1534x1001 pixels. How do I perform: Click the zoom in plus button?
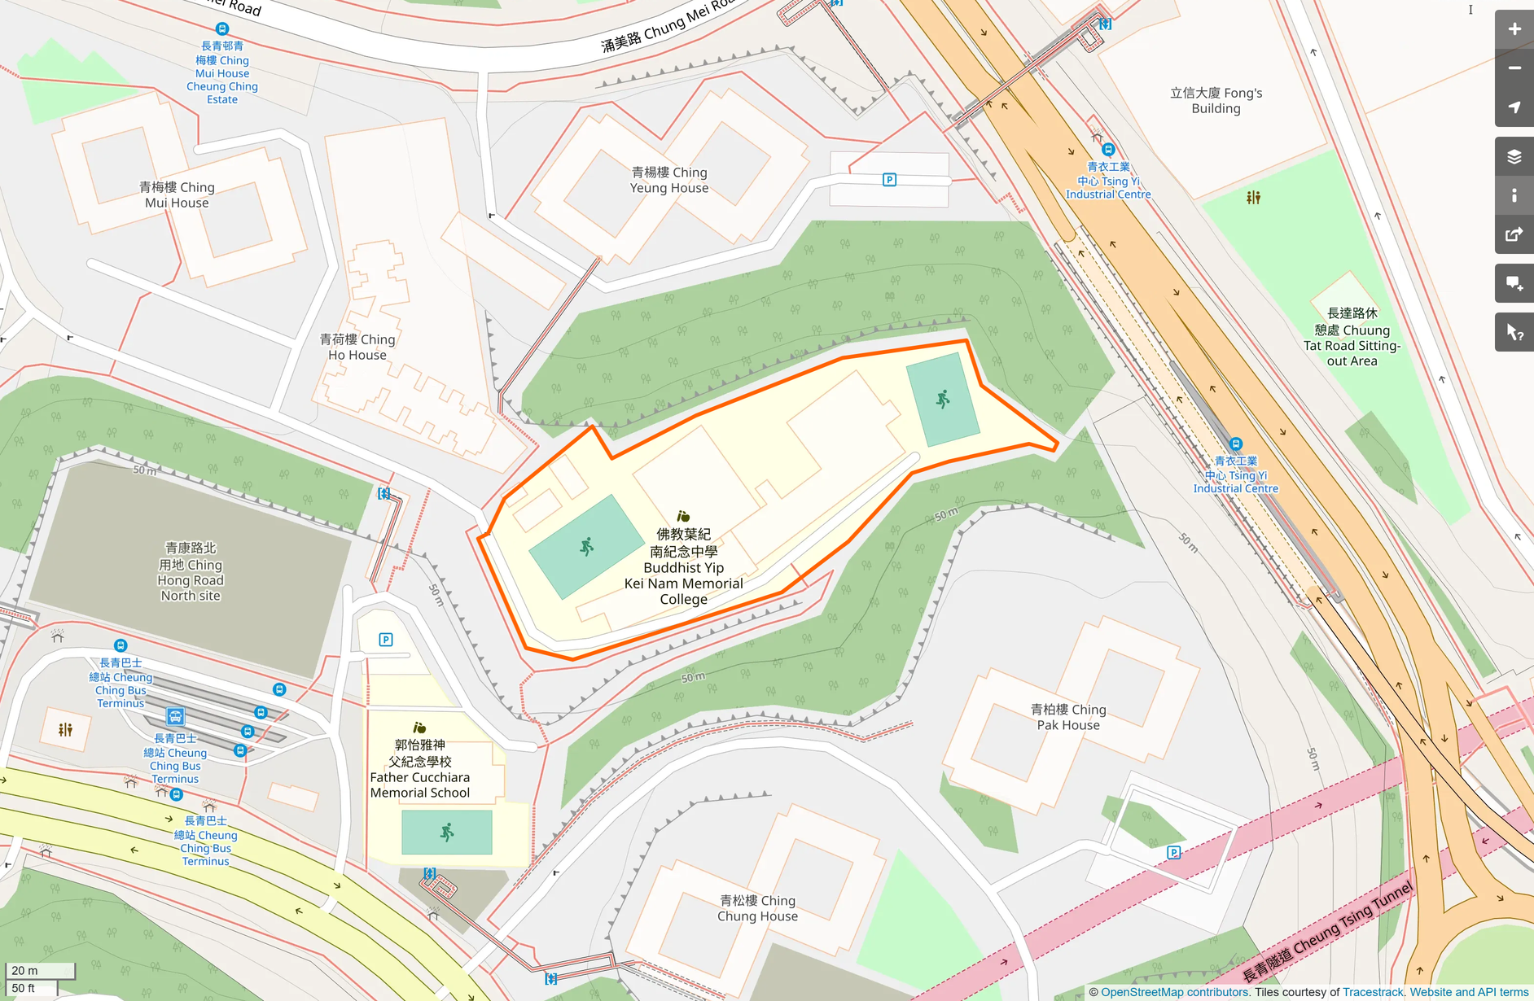1514,29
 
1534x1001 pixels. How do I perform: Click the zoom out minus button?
1514,68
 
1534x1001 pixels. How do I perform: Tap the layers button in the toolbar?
1514,156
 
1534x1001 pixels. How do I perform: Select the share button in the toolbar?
1514,234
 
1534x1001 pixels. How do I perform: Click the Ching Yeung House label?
669,180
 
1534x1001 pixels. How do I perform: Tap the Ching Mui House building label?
177,195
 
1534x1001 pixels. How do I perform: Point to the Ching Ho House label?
357,347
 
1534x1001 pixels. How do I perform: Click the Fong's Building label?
1216,100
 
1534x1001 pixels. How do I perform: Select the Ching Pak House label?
1067,717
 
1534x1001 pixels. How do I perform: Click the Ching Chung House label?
757,908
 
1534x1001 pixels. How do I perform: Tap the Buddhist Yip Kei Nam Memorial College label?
683,566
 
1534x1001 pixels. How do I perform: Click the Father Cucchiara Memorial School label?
419,768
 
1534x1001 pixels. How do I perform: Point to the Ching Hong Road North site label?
190,571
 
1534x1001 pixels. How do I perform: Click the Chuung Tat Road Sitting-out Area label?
1352,337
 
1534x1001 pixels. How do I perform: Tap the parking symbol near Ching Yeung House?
889,180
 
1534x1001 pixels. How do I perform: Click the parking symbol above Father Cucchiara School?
386,640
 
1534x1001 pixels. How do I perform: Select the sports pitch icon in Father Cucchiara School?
446,832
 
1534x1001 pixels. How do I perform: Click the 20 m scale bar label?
24,970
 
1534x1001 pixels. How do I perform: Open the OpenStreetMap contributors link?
1175,992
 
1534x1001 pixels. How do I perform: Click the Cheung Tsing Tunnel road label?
1327,933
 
